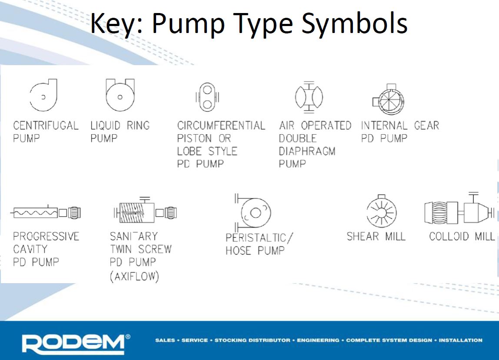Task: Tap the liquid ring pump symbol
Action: (120, 94)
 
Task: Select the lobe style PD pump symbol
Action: (207, 96)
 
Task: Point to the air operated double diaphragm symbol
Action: (309, 96)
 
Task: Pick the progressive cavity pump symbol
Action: (46, 213)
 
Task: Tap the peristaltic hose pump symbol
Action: (254, 213)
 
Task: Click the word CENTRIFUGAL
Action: (46, 126)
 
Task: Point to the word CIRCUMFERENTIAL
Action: (221, 126)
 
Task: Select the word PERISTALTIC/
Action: (259, 238)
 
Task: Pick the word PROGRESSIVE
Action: (46, 237)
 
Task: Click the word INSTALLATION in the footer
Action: (461, 340)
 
